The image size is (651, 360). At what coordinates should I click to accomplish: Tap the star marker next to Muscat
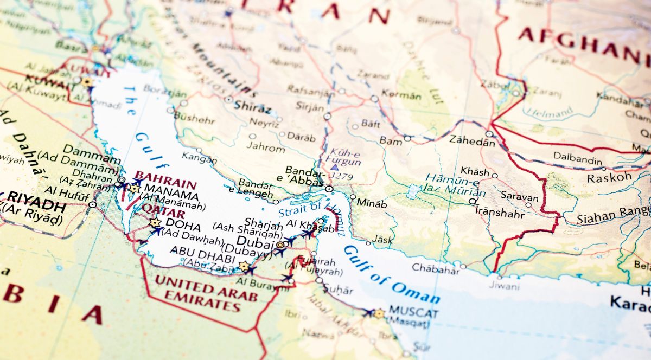[x=379, y=313]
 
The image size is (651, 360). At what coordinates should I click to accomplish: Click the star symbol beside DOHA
[x=155, y=223]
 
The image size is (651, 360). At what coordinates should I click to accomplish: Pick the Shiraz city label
[x=252, y=107]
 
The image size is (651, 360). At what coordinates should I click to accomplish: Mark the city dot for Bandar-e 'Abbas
[x=329, y=189]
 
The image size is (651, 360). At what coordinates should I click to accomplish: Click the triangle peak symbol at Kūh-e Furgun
[x=335, y=167]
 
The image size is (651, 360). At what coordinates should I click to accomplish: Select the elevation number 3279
[x=341, y=176]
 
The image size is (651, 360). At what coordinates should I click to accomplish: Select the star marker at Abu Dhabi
[x=244, y=266]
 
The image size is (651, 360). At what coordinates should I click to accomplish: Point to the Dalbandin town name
[x=577, y=160]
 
